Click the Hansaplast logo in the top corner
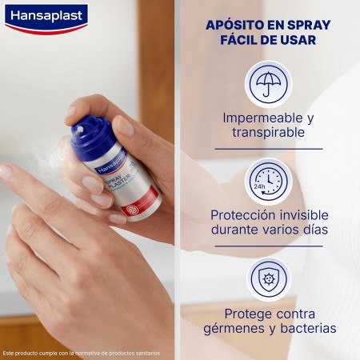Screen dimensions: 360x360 46,17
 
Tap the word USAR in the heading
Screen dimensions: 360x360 296,40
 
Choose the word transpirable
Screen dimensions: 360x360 268,133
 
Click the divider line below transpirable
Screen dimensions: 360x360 268,148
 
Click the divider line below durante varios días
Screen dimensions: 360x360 268,246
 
